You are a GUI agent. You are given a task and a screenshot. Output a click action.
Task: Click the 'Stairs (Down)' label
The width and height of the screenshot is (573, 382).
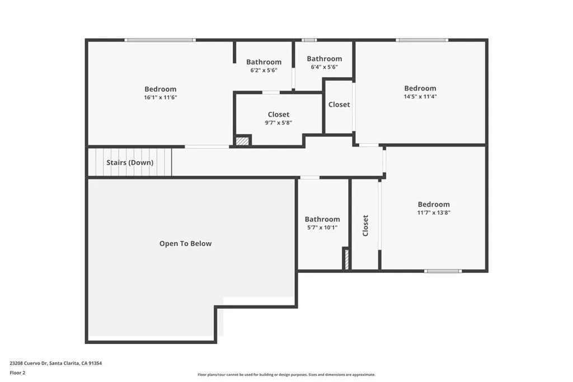click(x=130, y=163)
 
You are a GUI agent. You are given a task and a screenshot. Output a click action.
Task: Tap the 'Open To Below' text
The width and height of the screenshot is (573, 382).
click(x=185, y=243)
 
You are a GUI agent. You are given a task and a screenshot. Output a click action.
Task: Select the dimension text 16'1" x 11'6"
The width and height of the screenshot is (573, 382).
click(x=160, y=97)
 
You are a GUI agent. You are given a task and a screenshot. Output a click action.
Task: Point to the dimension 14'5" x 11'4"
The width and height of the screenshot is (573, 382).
click(x=420, y=96)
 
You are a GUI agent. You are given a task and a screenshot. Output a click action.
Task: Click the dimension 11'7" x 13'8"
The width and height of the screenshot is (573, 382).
click(x=434, y=213)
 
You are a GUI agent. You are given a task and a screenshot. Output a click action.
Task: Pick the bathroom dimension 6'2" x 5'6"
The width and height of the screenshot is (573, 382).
click(x=264, y=70)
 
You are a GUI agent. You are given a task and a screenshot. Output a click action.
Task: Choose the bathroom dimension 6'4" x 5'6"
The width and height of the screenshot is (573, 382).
click(x=324, y=67)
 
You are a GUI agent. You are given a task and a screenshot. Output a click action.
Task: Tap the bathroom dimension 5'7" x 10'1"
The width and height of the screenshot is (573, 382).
click(x=322, y=228)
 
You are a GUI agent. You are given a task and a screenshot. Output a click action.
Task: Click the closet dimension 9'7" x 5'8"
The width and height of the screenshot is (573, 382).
click(x=278, y=123)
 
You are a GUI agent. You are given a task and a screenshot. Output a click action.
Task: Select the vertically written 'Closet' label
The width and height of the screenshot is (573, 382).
click(x=365, y=225)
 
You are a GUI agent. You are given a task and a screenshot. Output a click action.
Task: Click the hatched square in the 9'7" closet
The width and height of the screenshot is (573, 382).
click(x=242, y=141)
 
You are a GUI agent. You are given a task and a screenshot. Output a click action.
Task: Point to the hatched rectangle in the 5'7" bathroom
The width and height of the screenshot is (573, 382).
click(x=346, y=260)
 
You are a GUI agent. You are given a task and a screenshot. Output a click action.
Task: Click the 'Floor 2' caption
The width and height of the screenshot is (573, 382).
click(x=17, y=372)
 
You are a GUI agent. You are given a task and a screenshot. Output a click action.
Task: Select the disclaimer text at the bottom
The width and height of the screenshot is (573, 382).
click(x=286, y=375)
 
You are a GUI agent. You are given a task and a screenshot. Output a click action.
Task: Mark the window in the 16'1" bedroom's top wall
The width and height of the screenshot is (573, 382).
click(x=159, y=40)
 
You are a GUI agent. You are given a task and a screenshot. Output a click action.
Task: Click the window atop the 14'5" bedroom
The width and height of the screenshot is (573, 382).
click(x=422, y=40)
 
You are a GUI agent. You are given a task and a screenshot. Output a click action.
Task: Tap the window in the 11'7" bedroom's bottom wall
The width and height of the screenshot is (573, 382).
click(x=443, y=271)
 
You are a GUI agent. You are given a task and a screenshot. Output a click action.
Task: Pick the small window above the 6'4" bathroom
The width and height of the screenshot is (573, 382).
click(x=309, y=40)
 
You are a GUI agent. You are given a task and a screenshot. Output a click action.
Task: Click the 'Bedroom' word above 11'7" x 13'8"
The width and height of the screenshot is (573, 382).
click(x=434, y=204)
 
